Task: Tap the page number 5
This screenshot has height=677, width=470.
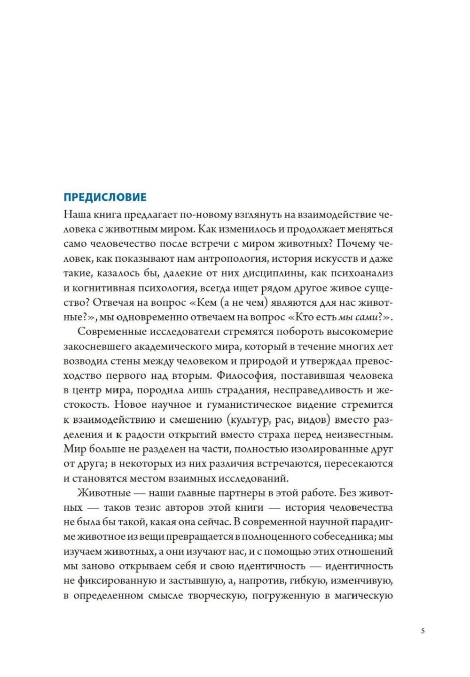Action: pyautogui.click(x=423, y=630)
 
